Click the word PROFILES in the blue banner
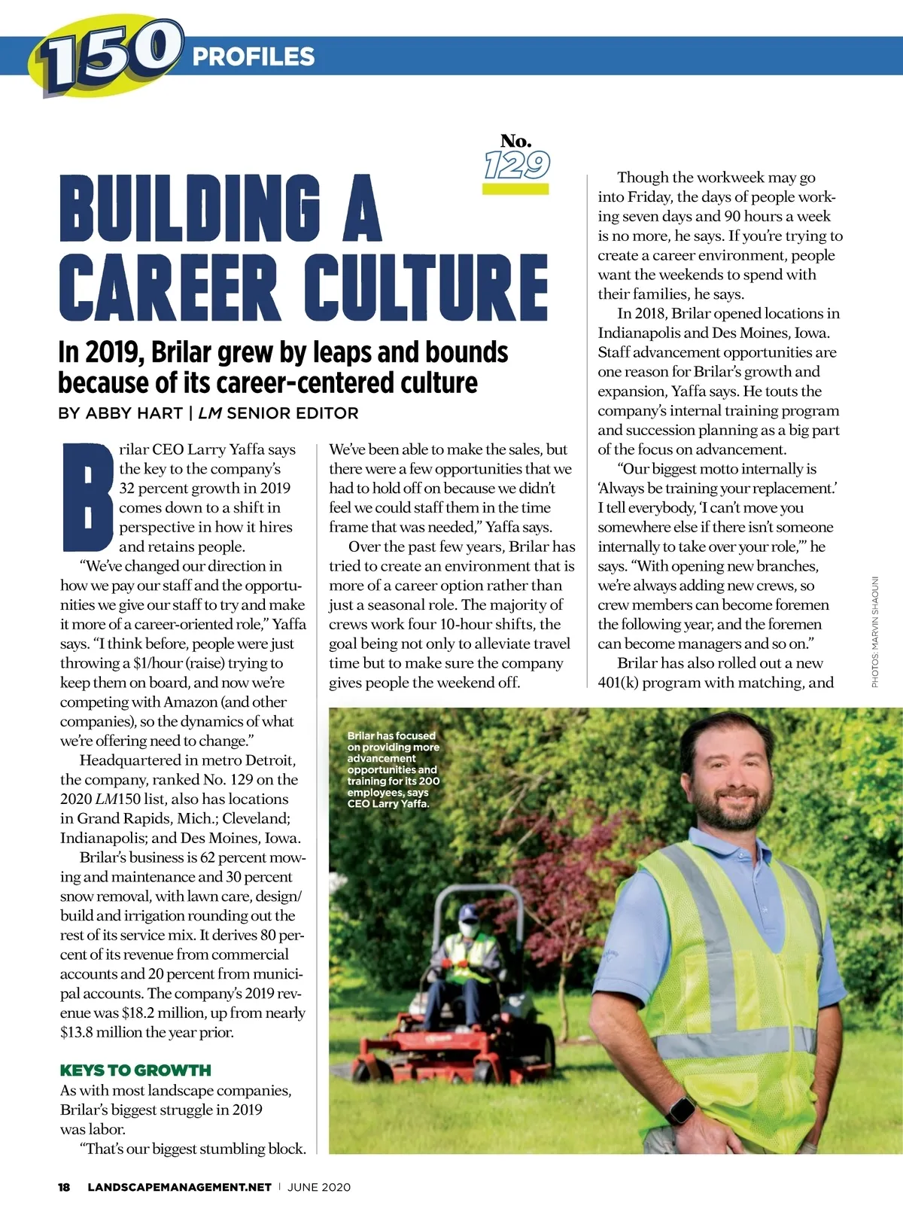pyautogui.click(x=254, y=56)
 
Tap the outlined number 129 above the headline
pyautogui.click(x=517, y=164)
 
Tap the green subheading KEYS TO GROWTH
pyautogui.click(x=135, y=1070)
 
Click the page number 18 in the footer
pyautogui.click(x=65, y=1187)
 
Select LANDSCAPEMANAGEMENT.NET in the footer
pyautogui.click(x=179, y=1187)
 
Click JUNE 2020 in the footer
pyautogui.click(x=319, y=1187)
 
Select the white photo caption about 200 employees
pyautogui.click(x=393, y=769)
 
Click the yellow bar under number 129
pyautogui.click(x=515, y=189)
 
